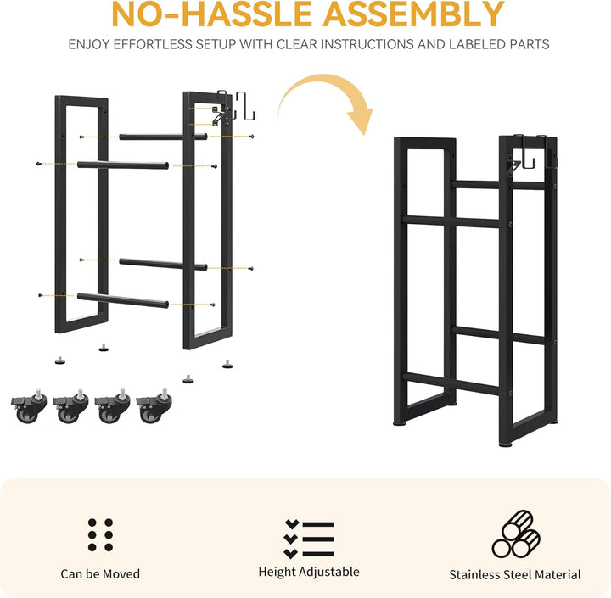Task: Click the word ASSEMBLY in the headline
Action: [413, 14]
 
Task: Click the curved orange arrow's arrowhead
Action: [362, 120]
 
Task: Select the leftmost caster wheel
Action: [29, 407]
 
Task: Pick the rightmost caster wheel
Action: [154, 407]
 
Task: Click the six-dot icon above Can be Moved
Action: [100, 535]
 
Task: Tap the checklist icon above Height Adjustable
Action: [309, 539]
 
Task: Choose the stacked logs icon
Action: [516, 534]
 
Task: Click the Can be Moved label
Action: [100, 574]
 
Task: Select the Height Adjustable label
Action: [309, 572]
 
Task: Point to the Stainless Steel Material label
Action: [515, 574]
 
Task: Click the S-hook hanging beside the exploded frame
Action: [245, 106]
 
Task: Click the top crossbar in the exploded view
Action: [163, 137]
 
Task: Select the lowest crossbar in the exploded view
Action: [123, 300]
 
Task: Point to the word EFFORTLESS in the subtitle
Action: [153, 44]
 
